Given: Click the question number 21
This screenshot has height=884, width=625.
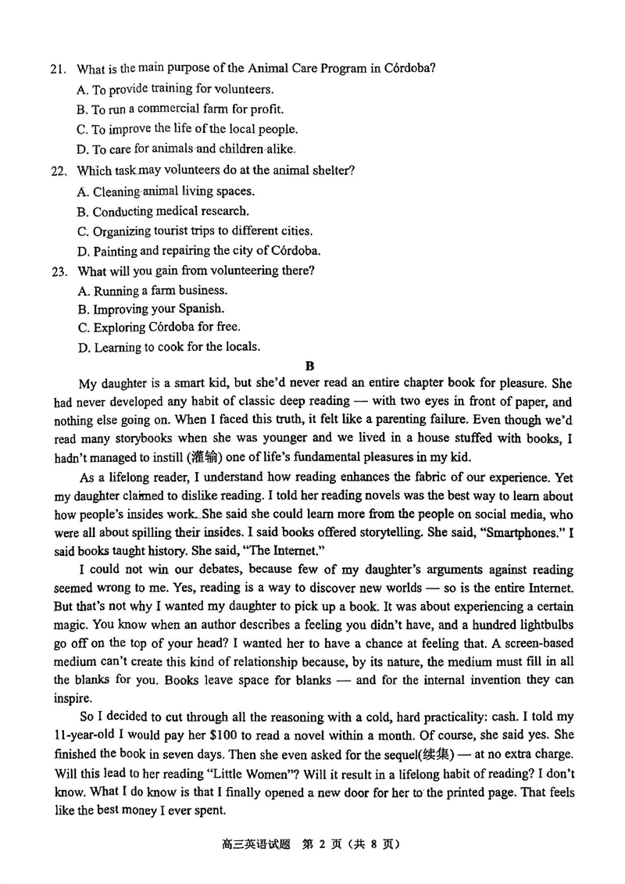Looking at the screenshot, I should [x=56, y=69].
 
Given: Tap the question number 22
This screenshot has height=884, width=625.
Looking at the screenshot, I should [x=56, y=171].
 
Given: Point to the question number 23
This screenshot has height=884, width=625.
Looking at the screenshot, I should [x=56, y=271].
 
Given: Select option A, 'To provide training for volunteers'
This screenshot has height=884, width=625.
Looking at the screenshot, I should [x=175, y=89].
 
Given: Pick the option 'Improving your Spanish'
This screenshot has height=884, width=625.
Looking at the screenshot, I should [x=151, y=309].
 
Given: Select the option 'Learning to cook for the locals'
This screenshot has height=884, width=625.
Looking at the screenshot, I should [x=169, y=347].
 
